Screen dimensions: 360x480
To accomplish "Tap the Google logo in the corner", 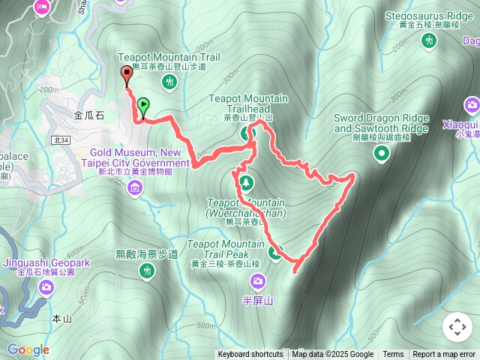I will tap(28, 349).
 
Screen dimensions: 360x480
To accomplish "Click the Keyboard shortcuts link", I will tap(250, 355).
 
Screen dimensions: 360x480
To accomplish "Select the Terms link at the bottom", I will tap(393, 355).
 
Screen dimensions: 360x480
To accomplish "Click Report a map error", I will tap(444, 355).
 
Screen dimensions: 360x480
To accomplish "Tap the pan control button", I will tap(457, 327).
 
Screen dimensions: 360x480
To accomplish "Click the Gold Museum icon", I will tap(134, 185).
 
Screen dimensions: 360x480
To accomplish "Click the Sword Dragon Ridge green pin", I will tap(382, 154).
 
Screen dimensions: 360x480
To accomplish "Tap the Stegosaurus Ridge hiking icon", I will tap(429, 40).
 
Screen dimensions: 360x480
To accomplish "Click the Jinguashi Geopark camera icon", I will tap(46, 286).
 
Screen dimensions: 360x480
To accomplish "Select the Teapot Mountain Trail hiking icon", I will tap(169, 81).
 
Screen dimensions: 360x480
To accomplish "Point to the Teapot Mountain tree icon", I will tap(246, 182).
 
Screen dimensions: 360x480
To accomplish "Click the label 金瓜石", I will tap(90, 116).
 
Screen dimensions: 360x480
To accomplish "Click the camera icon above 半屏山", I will tap(258, 282).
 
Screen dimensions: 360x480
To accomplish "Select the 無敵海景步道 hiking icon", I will tap(147, 270).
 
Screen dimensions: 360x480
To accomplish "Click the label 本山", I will tap(61, 319).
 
